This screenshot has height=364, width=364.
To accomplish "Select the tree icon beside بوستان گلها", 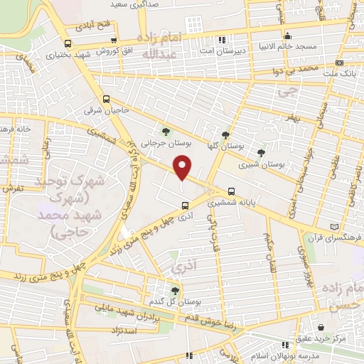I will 226,134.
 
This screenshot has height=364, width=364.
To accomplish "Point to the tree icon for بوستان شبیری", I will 262,152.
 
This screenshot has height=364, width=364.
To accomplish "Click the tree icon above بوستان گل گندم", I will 175,290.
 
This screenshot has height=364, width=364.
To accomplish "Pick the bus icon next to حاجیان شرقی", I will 106,100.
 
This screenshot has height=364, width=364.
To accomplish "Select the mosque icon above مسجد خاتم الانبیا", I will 287,36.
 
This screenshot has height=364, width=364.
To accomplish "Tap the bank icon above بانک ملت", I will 339,63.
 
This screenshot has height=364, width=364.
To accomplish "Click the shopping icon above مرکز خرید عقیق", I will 321,327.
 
